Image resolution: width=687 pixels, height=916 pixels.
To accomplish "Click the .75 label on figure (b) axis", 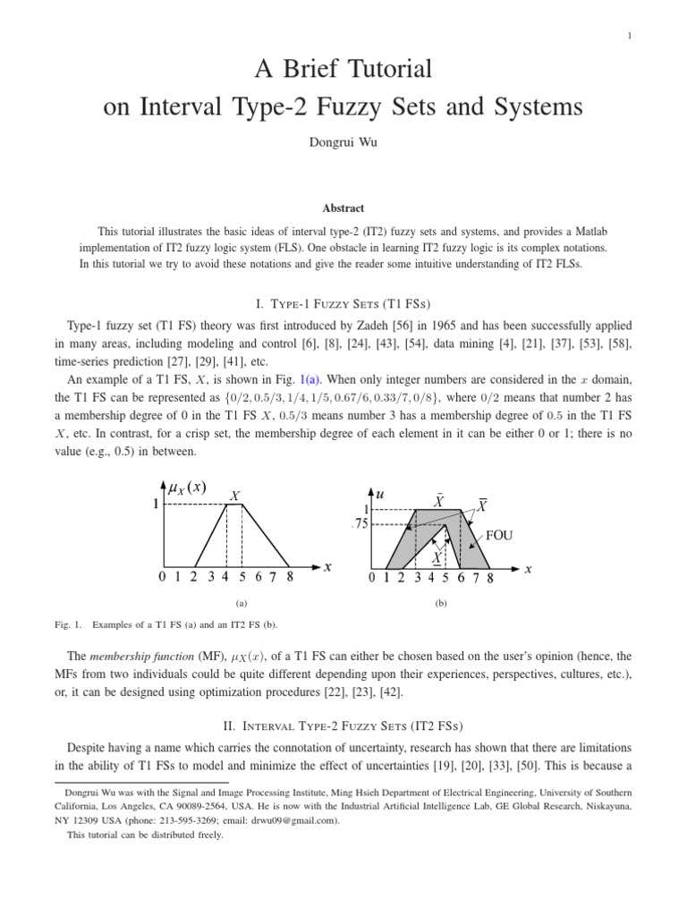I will [x=360, y=525].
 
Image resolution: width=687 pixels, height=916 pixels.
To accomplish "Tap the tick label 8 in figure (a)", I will [x=290, y=578].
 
